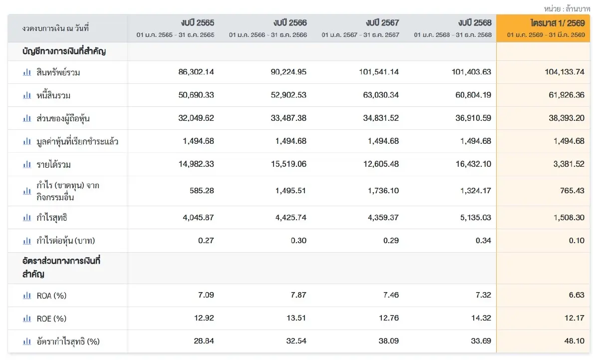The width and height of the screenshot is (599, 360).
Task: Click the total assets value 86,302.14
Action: click(196, 72)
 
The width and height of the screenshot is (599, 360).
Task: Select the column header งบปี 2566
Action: click(290, 23)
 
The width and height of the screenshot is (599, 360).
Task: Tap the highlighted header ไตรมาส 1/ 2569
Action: click(558, 23)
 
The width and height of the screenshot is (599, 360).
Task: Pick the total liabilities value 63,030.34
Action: click(381, 95)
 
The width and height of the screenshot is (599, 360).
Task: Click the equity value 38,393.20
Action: click(567, 118)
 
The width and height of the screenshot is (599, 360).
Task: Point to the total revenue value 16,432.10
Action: click(473, 164)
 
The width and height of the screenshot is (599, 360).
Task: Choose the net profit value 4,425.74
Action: click(291, 217)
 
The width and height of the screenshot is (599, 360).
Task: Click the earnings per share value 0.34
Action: click(484, 241)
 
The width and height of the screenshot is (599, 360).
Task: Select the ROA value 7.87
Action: click(299, 295)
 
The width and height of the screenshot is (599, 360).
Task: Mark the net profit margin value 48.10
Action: click(575, 341)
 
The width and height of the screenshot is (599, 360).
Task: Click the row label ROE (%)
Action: click(51, 319)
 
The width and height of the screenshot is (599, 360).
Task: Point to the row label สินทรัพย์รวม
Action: click(58, 72)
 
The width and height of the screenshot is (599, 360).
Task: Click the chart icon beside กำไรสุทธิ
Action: click(27, 217)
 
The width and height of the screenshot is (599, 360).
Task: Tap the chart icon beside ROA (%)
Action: click(27, 295)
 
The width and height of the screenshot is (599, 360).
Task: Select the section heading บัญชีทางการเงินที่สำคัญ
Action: click(64, 51)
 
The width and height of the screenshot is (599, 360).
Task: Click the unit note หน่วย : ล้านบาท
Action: click(567, 9)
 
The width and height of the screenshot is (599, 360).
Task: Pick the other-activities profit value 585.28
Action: click(202, 191)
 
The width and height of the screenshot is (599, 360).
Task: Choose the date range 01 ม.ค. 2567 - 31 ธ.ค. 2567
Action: click(360, 35)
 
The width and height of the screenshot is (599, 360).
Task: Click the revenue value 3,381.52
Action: click(569, 164)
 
